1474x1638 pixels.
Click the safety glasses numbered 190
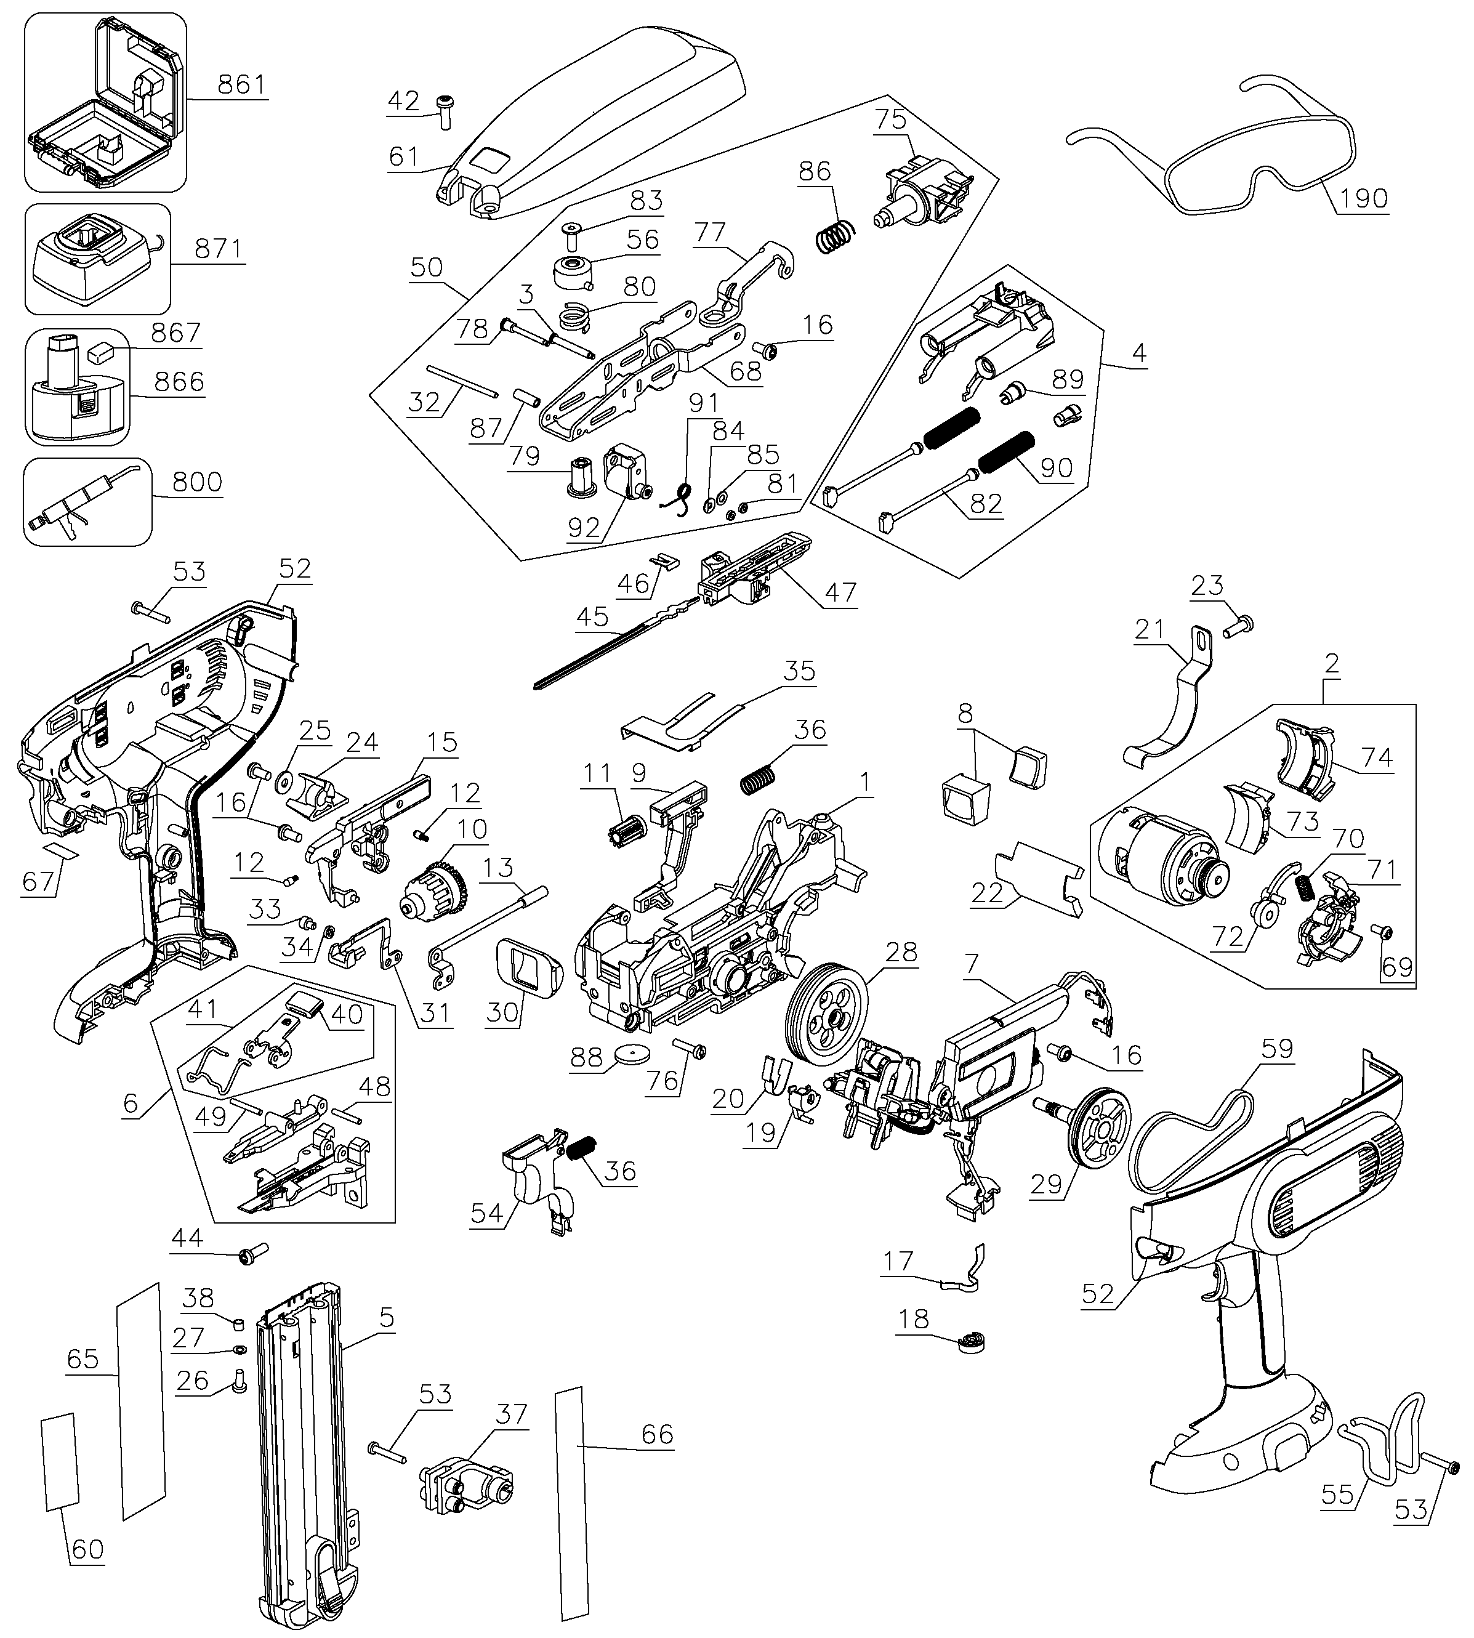(1210, 146)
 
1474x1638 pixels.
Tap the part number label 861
(241, 84)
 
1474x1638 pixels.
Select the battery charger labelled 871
(98, 259)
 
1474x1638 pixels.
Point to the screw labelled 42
(445, 110)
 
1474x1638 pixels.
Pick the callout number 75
(890, 119)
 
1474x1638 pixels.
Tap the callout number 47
(840, 592)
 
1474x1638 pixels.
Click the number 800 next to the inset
(197, 482)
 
